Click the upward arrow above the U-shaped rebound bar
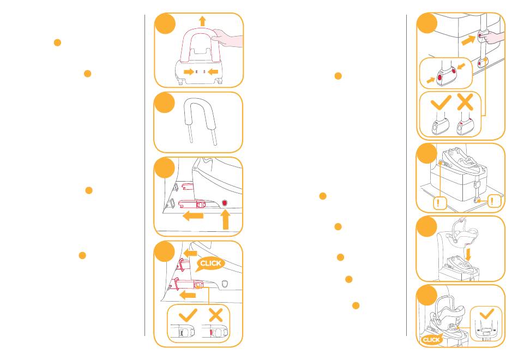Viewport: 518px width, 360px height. click(x=202, y=21)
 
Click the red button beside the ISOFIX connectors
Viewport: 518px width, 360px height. click(x=225, y=203)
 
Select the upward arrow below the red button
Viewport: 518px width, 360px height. click(x=225, y=220)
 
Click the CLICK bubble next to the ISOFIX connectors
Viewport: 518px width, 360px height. click(x=210, y=264)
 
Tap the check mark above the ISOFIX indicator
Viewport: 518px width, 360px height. click(x=188, y=315)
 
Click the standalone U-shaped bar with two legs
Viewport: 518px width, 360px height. click(x=201, y=121)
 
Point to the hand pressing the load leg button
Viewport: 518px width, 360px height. click(x=492, y=37)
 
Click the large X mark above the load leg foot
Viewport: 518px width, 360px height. click(x=465, y=102)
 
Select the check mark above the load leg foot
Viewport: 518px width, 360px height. click(x=441, y=103)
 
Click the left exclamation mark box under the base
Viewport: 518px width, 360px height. click(x=439, y=202)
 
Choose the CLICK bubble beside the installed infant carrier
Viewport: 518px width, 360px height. click(x=431, y=339)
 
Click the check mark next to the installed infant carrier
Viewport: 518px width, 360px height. click(x=487, y=314)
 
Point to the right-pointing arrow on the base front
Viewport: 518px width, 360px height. click(x=189, y=71)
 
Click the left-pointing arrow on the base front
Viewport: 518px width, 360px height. click(x=213, y=71)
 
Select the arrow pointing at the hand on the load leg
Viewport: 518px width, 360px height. click(x=468, y=40)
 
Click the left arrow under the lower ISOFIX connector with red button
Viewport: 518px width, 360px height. click(x=193, y=217)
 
